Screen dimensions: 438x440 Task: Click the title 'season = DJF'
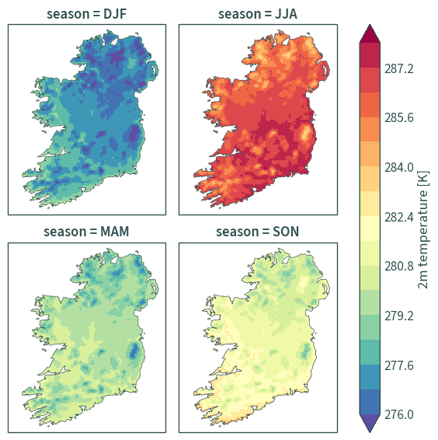[87, 14]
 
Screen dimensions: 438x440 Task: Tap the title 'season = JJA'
[258, 14]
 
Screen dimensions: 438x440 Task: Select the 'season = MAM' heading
[86, 232]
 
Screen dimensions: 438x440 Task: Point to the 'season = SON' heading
[257, 232]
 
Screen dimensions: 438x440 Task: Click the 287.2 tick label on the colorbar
[398, 68]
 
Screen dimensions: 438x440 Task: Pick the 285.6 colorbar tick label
[398, 117]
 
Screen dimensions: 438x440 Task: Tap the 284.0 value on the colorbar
[398, 167]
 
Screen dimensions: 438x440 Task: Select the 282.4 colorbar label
[398, 217]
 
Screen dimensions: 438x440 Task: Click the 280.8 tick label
[398, 266]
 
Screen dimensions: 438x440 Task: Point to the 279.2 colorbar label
[398, 316]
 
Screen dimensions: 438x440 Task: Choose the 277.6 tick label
[398, 365]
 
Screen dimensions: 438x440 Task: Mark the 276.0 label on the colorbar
[398, 414]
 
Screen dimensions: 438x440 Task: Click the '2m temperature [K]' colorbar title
[423, 229]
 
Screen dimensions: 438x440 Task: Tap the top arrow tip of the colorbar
[370, 25]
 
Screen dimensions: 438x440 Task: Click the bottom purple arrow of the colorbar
[370, 423]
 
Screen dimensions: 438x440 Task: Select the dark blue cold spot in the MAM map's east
[134, 350]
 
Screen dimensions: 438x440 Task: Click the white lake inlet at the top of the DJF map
[114, 41]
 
